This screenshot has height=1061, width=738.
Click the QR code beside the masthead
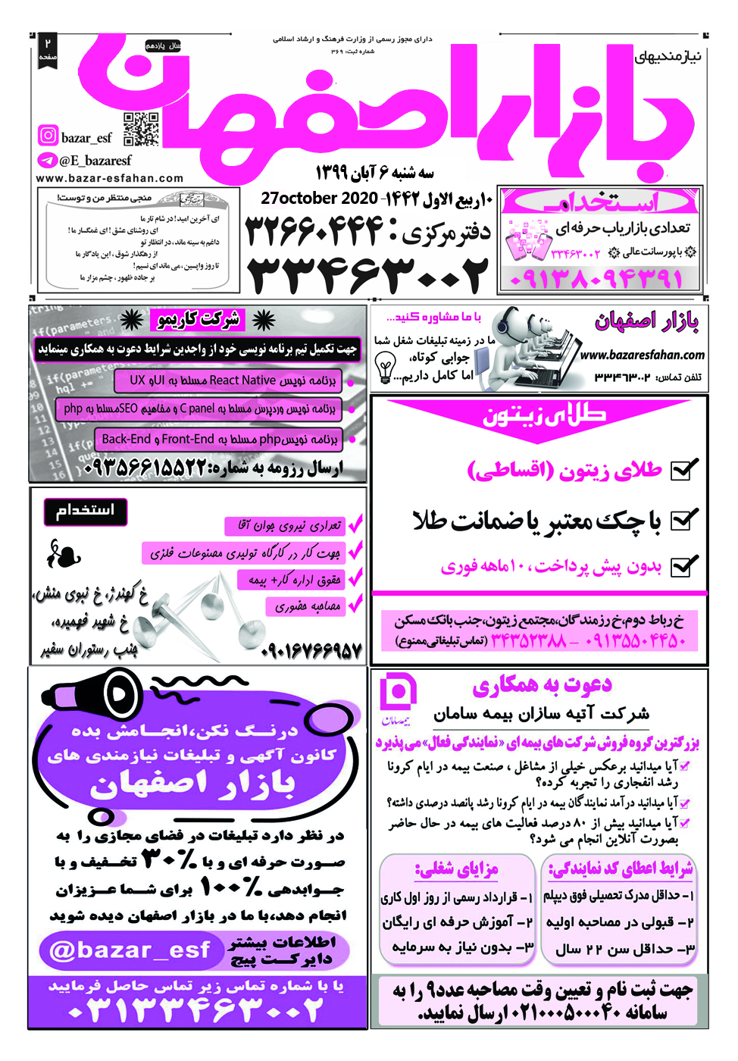(141, 129)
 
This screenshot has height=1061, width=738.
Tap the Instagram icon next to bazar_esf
(48, 136)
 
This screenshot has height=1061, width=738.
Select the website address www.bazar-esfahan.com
(110, 179)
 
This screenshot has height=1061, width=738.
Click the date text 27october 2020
(319, 199)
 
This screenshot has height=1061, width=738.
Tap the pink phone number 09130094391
(596, 279)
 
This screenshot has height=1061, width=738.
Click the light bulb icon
(385, 369)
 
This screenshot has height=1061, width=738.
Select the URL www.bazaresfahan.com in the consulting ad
(643, 355)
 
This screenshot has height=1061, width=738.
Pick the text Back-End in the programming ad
(127, 439)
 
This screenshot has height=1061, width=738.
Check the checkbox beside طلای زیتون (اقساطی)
(683, 471)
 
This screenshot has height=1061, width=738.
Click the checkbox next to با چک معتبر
(683, 520)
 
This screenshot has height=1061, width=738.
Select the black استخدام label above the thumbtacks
(85, 511)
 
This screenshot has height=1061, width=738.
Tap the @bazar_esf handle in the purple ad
(129, 950)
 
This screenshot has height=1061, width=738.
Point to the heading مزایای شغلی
(456, 869)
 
